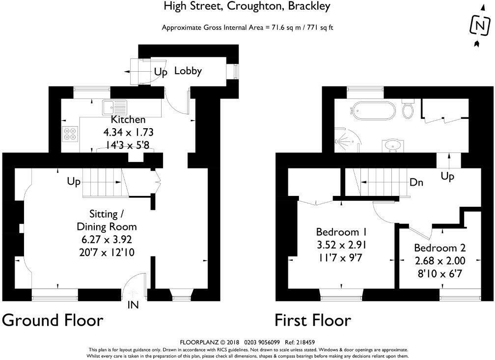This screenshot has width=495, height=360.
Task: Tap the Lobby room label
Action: tap(188, 71)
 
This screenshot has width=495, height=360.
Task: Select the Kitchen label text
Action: tap(128, 119)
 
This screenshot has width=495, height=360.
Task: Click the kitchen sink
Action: tap(114, 107)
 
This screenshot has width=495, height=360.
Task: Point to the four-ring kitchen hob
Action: tap(69, 134)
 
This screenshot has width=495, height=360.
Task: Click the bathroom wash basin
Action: tap(392, 146)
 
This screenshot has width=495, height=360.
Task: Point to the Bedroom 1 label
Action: tap(341, 232)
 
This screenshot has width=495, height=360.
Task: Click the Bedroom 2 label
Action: tap(440, 248)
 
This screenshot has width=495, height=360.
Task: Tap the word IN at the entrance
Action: tap(133, 305)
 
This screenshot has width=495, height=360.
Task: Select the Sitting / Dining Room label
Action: tap(107, 221)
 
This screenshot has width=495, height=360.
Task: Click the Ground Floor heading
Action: tap(53, 320)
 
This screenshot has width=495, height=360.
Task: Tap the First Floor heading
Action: tap(312, 320)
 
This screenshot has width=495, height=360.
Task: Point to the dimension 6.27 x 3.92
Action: tap(107, 240)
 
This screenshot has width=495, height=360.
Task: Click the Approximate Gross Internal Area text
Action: tap(248, 28)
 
